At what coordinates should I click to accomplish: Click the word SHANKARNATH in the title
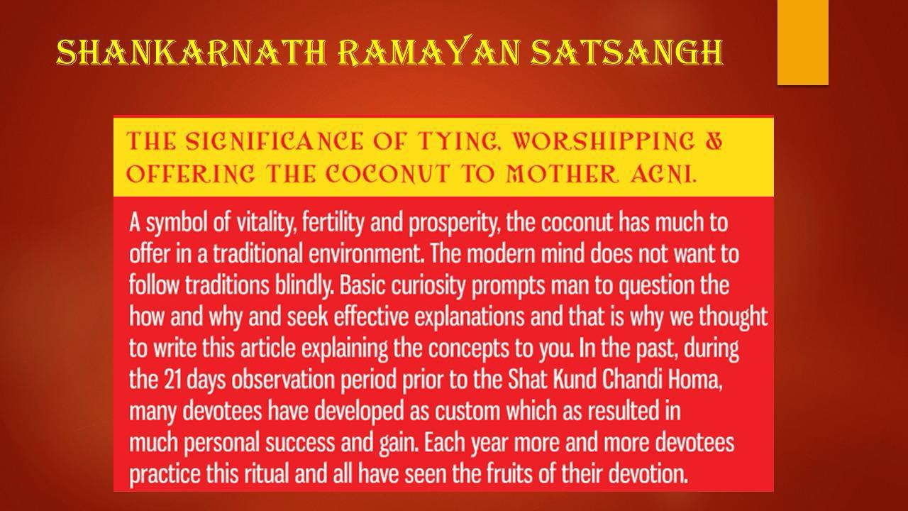pyautogui.click(x=192, y=53)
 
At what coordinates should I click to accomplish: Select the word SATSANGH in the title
pyautogui.click(x=626, y=53)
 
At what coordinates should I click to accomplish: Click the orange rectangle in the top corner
pyautogui.click(x=802, y=42)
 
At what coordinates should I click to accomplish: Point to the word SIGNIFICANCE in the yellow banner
pyautogui.click(x=275, y=141)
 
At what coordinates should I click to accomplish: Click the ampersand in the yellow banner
pyautogui.click(x=714, y=141)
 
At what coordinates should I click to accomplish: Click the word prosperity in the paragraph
pyautogui.click(x=453, y=224)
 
